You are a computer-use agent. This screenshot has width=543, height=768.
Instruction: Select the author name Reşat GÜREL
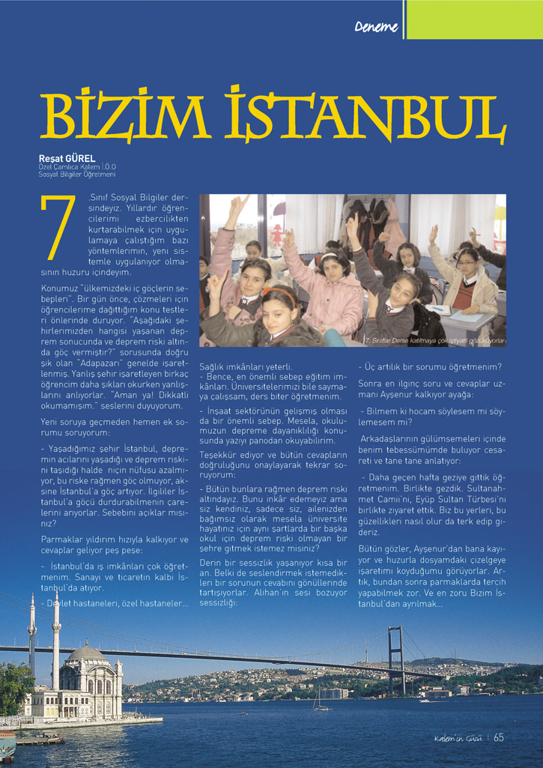coord(66,158)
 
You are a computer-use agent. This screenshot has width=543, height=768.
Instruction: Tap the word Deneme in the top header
coord(378,28)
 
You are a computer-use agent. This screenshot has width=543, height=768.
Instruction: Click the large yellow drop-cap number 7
coord(59,229)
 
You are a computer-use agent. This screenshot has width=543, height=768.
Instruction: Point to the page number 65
coord(499,737)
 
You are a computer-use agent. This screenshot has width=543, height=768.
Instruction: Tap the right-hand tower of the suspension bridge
coord(395,659)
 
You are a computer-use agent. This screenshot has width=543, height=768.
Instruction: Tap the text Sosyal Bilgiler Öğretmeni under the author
coord(77,174)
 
